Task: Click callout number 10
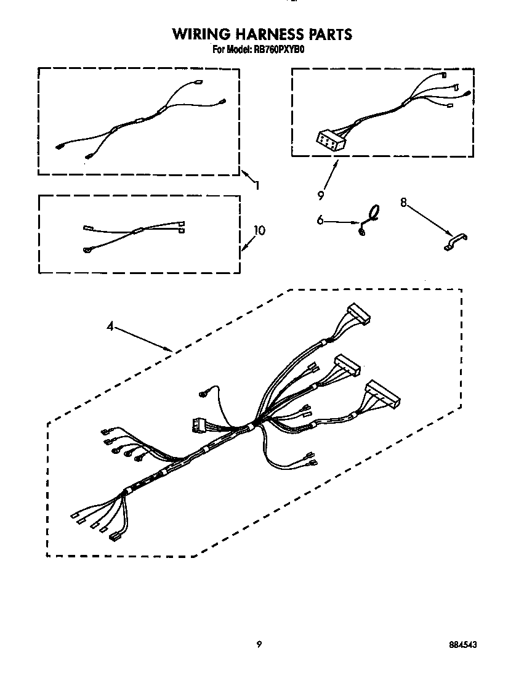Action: tap(259, 230)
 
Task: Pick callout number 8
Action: tap(404, 201)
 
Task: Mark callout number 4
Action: tap(110, 327)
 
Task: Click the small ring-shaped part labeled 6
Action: tap(372, 212)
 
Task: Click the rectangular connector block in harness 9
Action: tap(330, 141)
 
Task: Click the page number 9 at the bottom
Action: tap(259, 644)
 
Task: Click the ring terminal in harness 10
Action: tap(87, 249)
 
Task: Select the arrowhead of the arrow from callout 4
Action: tap(171, 350)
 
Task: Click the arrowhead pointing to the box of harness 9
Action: tap(337, 162)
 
